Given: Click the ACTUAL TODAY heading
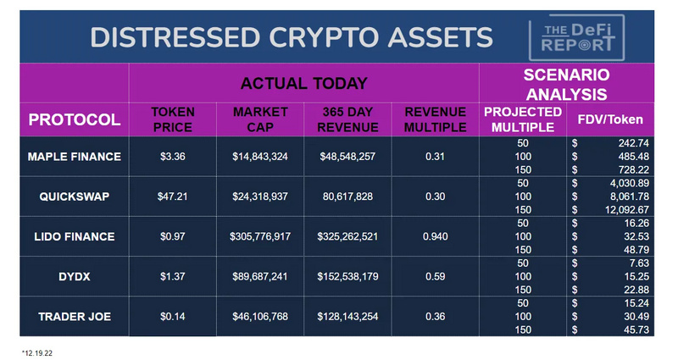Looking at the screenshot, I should pos(303,83).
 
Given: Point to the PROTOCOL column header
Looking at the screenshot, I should pos(64,119).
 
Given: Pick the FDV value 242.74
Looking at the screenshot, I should pos(631,142).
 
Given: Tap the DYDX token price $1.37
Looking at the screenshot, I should pos(173,275).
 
